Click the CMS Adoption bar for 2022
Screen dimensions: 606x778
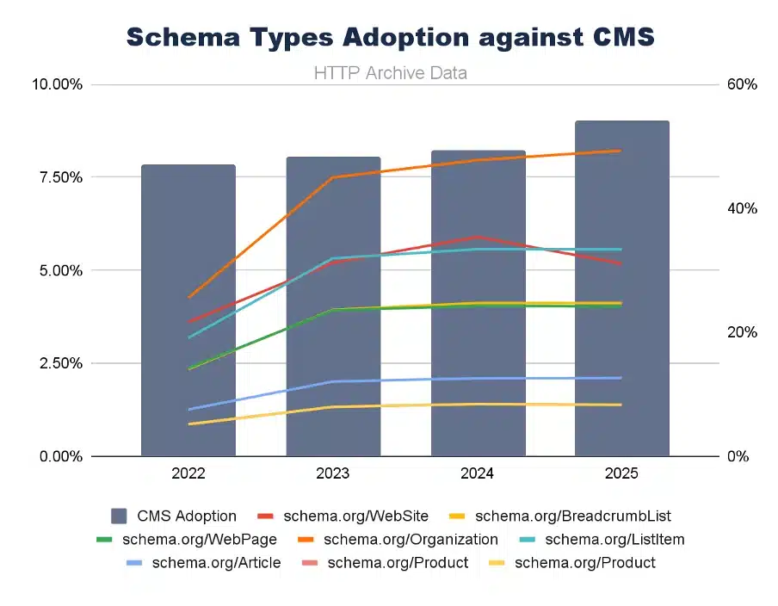pyautogui.click(x=188, y=310)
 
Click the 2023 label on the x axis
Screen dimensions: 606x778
pyautogui.click(x=333, y=473)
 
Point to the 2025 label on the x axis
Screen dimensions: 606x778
pyautogui.click(x=622, y=473)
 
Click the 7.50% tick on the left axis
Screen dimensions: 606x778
pyautogui.click(x=56, y=177)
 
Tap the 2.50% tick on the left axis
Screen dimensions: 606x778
pyautogui.click(x=56, y=363)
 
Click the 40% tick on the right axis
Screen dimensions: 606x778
pyautogui.click(x=742, y=208)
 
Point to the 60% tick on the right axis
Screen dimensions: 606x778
pyautogui.click(x=742, y=84)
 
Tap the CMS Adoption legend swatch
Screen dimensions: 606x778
pyautogui.click(x=120, y=516)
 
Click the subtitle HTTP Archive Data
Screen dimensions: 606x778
pyautogui.click(x=390, y=73)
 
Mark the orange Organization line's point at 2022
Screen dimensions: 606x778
pyautogui.click(x=188, y=297)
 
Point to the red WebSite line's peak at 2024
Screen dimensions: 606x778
pyautogui.click(x=478, y=237)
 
